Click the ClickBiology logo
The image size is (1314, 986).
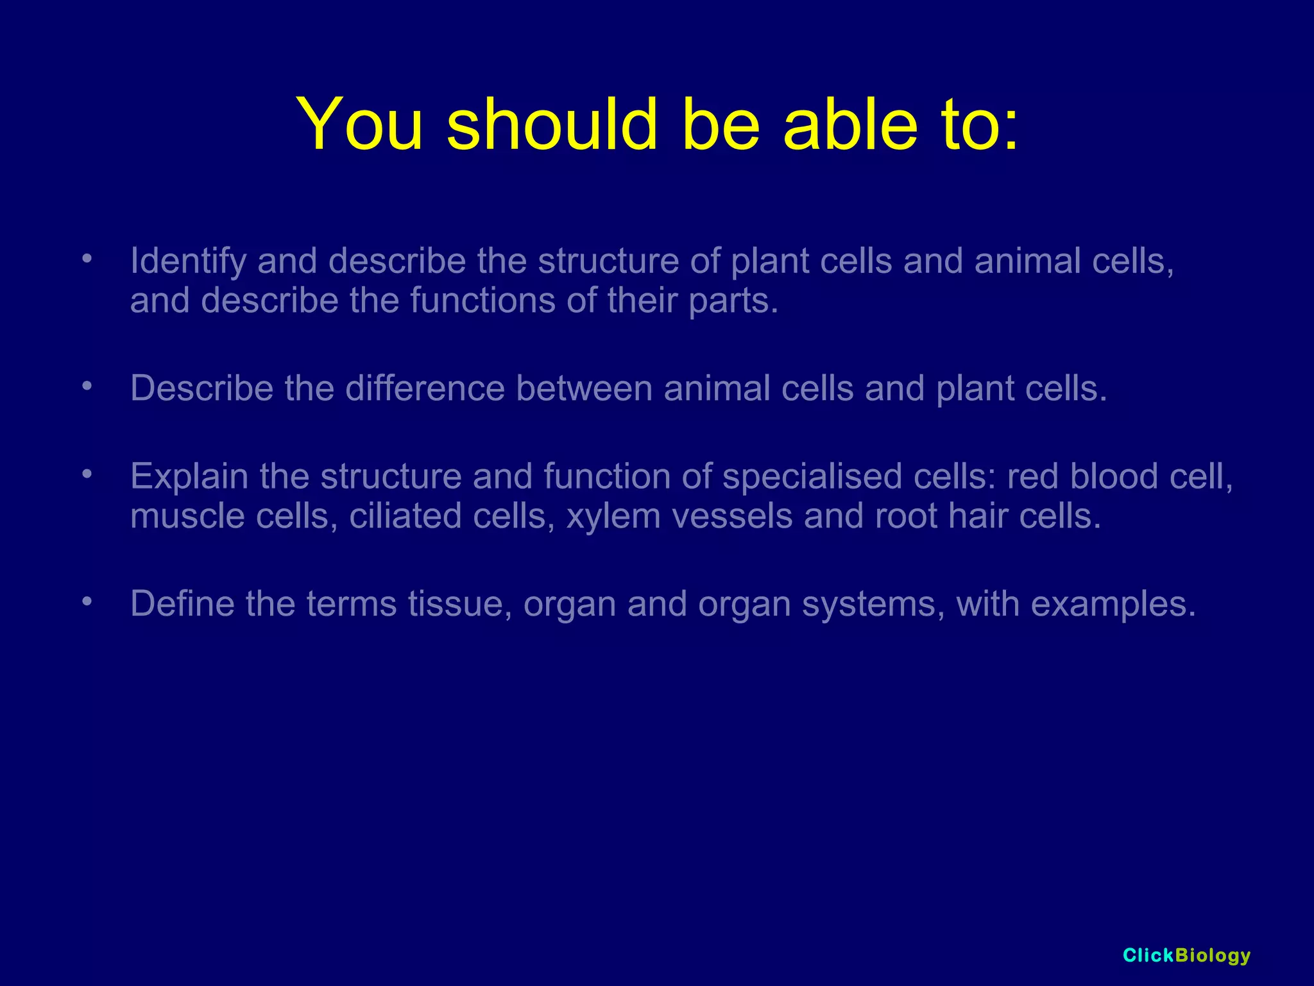point(1186,956)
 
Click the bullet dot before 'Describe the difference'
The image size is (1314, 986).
point(87,386)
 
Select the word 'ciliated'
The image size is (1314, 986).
point(405,517)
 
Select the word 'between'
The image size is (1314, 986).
point(584,389)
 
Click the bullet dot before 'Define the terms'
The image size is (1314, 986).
point(87,602)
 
